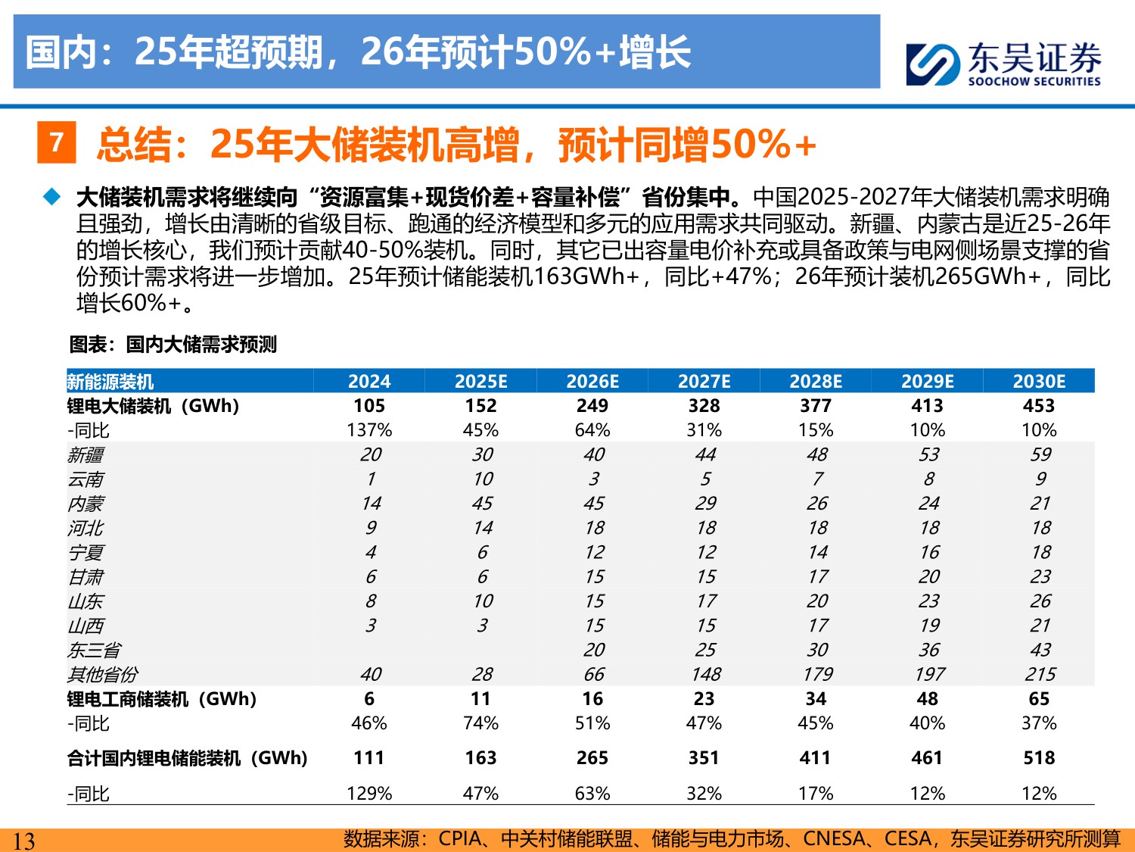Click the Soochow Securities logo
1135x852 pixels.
(x=1003, y=64)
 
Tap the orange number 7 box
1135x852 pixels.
(x=56, y=142)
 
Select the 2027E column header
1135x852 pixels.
(x=704, y=382)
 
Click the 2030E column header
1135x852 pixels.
(x=1039, y=382)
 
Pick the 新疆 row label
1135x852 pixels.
(x=86, y=455)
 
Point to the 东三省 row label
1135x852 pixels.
(x=94, y=650)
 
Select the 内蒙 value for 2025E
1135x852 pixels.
(x=482, y=504)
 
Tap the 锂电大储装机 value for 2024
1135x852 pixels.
(x=369, y=406)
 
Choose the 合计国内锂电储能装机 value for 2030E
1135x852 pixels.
(x=1039, y=758)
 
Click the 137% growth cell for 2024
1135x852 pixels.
(x=369, y=430)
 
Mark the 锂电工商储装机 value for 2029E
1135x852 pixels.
(x=928, y=699)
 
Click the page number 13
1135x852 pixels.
(x=24, y=841)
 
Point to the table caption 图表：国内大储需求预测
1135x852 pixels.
(x=173, y=345)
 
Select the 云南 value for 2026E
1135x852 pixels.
(x=594, y=479)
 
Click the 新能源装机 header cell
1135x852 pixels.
(x=110, y=382)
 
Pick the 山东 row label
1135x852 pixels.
(x=86, y=601)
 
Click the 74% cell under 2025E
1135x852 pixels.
(x=480, y=723)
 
